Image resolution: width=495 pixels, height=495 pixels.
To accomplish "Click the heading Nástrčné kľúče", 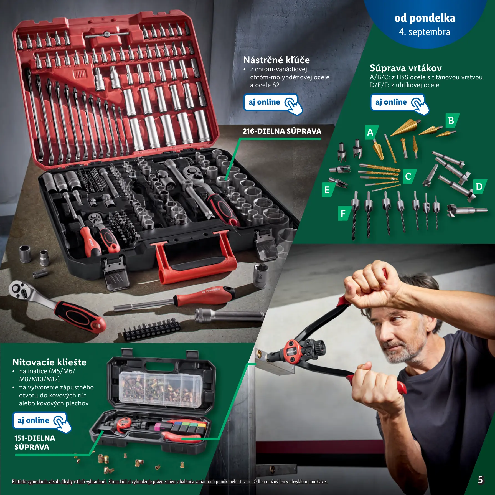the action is (x=276, y=60).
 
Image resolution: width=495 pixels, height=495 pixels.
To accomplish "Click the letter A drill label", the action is (x=371, y=132).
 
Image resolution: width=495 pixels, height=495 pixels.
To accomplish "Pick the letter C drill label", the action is (x=409, y=176).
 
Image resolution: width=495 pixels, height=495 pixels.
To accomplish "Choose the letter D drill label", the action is (x=480, y=187).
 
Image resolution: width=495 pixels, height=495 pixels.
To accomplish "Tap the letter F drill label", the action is (x=344, y=213).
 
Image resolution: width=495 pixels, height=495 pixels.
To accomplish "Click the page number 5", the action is (x=480, y=480).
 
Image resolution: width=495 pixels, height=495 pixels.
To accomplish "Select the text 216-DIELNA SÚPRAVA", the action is (x=282, y=131).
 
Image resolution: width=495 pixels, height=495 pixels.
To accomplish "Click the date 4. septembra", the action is (x=425, y=32).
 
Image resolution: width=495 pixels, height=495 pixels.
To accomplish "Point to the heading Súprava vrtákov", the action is (x=406, y=68).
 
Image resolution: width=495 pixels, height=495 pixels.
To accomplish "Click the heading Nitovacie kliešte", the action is (x=49, y=362).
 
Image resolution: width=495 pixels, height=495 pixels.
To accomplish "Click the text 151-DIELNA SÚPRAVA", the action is (x=35, y=443).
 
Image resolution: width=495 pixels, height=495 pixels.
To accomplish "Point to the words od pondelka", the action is (x=425, y=18).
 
